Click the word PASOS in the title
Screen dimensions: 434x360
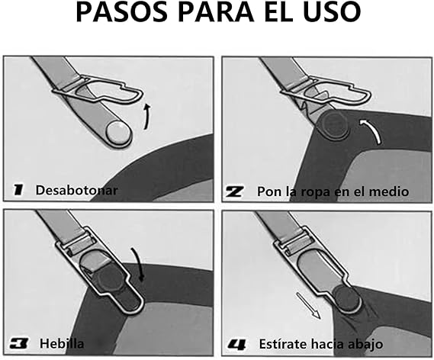[122, 12]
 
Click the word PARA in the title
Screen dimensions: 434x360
[216, 12]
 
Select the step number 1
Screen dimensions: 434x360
[18, 190]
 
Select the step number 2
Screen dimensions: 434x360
[235, 191]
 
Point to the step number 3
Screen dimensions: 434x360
[19, 343]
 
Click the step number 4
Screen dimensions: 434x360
[236, 345]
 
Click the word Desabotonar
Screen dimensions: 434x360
[77, 191]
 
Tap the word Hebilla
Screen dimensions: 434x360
[62, 344]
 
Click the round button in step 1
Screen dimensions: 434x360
[119, 133]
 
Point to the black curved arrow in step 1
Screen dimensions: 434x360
[147, 116]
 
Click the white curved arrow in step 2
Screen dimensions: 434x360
[371, 130]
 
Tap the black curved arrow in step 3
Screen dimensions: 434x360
[139, 263]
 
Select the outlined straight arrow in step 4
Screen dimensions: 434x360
[308, 306]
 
